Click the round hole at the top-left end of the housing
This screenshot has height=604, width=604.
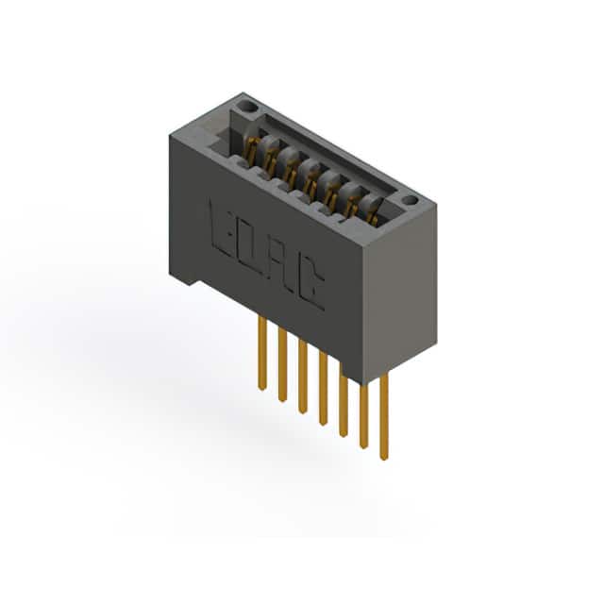pos(248,106)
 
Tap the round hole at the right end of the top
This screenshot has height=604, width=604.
pos(411,200)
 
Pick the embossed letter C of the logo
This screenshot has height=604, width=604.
pos(311,284)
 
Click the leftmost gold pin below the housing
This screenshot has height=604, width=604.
pos(262,353)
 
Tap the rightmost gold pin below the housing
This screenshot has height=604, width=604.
pos(384,417)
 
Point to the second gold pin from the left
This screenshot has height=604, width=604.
pos(282,365)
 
